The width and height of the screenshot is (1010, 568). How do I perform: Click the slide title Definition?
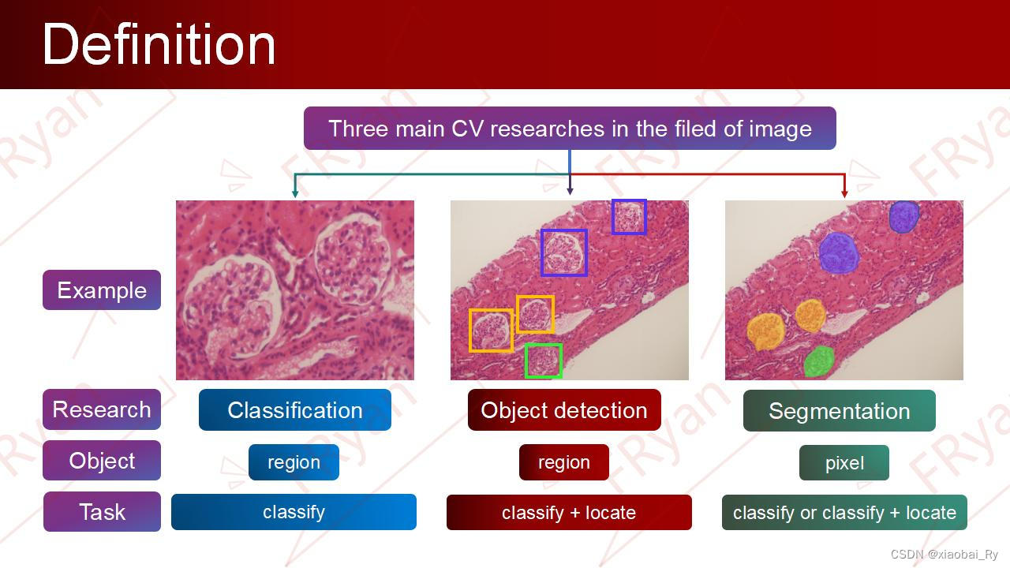[159, 45]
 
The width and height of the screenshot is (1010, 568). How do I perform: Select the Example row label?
[102, 290]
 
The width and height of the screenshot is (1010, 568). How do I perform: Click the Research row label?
[102, 409]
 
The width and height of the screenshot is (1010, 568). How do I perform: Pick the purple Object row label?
[102, 460]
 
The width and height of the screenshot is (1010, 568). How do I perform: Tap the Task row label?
[102, 512]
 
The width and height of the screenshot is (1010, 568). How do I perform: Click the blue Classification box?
[295, 409]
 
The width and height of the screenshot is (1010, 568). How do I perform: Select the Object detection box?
[564, 409]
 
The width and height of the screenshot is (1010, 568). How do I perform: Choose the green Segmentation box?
[839, 411]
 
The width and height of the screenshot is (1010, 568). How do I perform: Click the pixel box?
[844, 462]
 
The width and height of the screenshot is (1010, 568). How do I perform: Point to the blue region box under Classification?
[294, 462]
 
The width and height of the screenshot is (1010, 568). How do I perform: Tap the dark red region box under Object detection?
[563, 462]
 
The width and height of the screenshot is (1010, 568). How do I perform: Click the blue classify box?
[294, 512]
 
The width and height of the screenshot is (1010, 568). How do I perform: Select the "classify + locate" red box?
[569, 513]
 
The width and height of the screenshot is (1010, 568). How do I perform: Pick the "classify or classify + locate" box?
[844, 513]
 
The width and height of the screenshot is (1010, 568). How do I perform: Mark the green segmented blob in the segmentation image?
[819, 361]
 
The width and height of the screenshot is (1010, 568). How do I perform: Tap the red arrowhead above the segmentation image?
[844, 194]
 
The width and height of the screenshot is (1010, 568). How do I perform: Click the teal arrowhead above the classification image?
[295, 194]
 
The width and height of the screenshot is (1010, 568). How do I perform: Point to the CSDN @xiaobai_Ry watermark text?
[945, 554]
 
